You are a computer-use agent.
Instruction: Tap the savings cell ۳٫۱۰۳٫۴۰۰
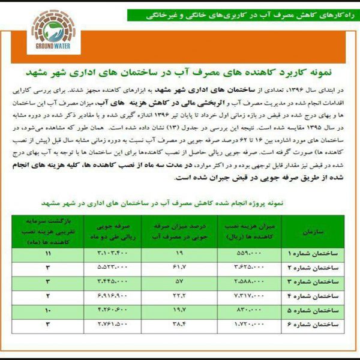tap(112, 254)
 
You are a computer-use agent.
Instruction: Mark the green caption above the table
tap(180, 203)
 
